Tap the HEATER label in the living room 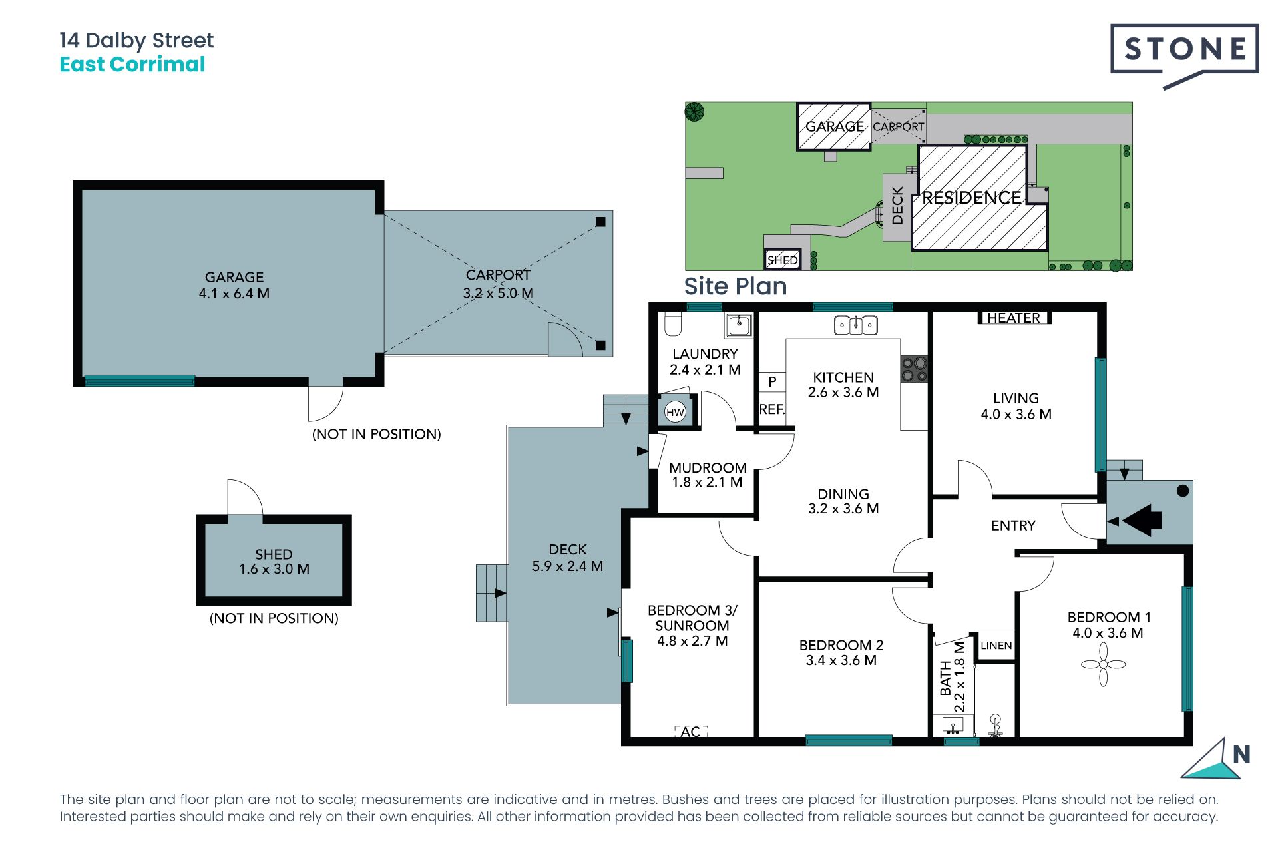click(1013, 318)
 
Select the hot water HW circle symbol click(675, 412)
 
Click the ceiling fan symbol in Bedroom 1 click(1103, 664)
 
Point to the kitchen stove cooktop click(914, 369)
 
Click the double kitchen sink click(856, 325)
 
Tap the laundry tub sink click(738, 325)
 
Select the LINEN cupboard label click(996, 645)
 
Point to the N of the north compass click(1241, 754)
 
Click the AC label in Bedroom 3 click(690, 732)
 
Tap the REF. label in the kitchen click(772, 409)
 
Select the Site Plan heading click(736, 286)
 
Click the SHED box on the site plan click(782, 260)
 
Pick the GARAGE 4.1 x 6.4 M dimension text click(234, 294)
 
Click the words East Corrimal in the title click(132, 65)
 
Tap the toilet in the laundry click(673, 323)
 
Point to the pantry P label click(772, 381)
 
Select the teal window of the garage click(140, 381)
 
